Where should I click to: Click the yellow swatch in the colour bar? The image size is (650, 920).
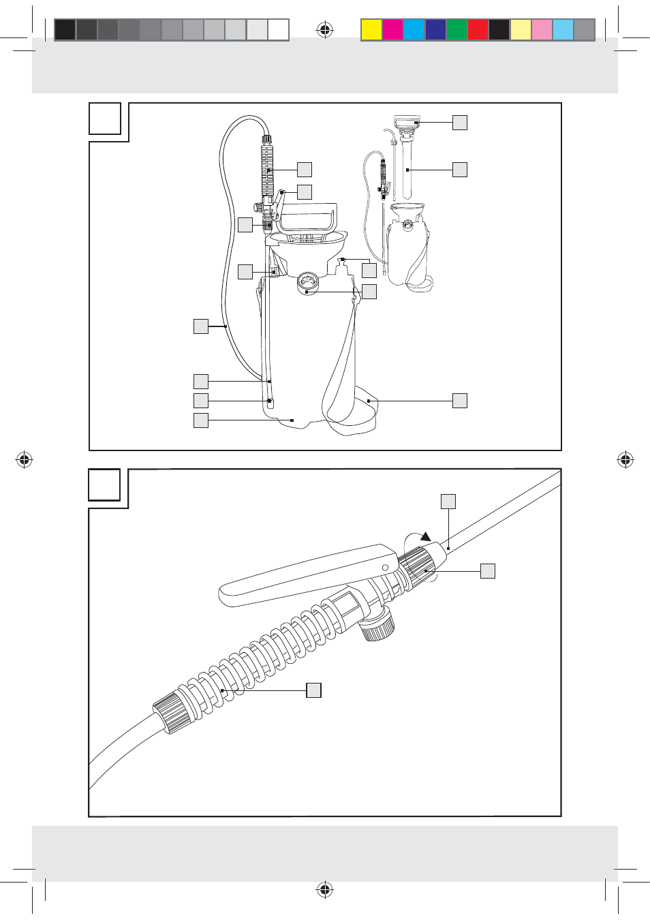[371, 30]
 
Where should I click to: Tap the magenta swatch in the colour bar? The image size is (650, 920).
[392, 30]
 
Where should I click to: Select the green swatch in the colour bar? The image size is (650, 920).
[456, 30]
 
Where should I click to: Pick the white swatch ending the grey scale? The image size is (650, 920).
[278, 30]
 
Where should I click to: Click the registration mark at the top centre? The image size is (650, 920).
[325, 30]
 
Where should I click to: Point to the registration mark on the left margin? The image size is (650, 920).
[24, 460]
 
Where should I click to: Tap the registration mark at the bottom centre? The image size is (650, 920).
[325, 889]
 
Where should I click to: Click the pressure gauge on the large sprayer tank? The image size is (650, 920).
[308, 283]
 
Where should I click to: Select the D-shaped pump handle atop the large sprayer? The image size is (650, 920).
[307, 217]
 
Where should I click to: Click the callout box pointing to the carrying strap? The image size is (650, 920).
[460, 401]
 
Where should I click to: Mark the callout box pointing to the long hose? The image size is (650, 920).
[200, 326]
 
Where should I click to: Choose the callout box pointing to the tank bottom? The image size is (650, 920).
[200, 420]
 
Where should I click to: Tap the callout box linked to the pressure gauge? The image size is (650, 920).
[369, 292]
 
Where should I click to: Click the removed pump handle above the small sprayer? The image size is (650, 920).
[407, 123]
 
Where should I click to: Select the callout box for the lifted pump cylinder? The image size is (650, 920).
[460, 170]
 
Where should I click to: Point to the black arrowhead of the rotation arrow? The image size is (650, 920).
[426, 537]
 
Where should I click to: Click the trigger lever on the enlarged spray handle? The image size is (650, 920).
[307, 572]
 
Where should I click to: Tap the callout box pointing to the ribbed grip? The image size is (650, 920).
[313, 690]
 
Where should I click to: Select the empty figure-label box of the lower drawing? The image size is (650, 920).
[104, 485]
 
